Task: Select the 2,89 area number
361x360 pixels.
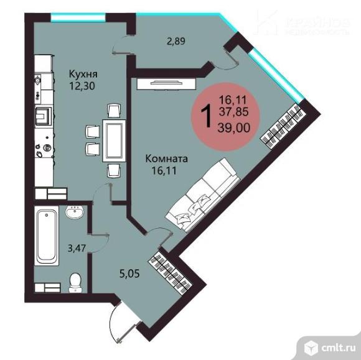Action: click(x=176, y=43)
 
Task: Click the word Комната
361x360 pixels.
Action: click(x=166, y=159)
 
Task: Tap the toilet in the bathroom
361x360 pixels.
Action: click(x=75, y=280)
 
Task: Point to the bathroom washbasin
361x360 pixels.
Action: click(x=75, y=213)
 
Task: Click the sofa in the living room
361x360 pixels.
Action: click(x=203, y=192)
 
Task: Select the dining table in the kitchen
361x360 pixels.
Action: click(x=113, y=141)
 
